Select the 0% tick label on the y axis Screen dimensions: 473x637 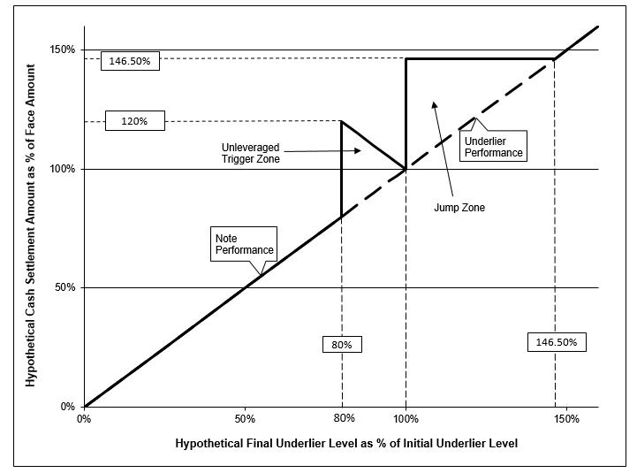[x=68, y=407]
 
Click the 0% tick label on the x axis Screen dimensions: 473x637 [x=85, y=418]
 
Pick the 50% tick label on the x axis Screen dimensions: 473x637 [x=245, y=418]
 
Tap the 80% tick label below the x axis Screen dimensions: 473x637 [x=345, y=418]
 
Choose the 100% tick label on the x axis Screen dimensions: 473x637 [x=406, y=418]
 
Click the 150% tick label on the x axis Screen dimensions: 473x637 [x=566, y=418]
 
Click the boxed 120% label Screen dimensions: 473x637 [x=134, y=121]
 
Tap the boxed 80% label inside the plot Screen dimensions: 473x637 [x=341, y=344]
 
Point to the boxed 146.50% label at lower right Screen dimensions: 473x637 [x=556, y=342]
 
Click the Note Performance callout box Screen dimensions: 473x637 [x=243, y=244]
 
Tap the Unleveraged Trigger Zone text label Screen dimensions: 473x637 [x=254, y=152]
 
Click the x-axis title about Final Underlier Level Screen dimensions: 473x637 [x=346, y=442]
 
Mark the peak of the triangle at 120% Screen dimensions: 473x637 [x=341, y=121]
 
